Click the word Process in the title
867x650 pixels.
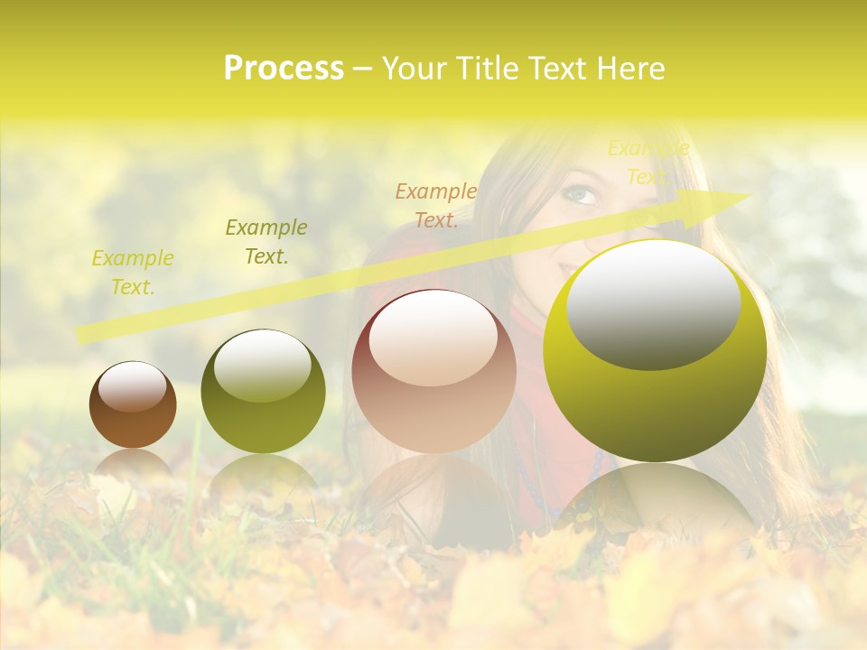point(284,69)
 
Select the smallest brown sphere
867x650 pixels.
point(133,404)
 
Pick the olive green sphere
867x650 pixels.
point(263,391)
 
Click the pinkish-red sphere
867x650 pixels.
point(433,370)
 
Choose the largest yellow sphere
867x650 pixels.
point(655,350)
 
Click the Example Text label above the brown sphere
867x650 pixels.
point(133,273)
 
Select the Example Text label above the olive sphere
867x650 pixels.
point(266,242)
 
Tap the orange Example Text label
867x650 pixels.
point(436,205)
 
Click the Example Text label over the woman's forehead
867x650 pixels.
point(648,162)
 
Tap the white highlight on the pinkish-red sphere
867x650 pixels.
point(433,339)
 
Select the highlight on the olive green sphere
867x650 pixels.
point(262,366)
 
